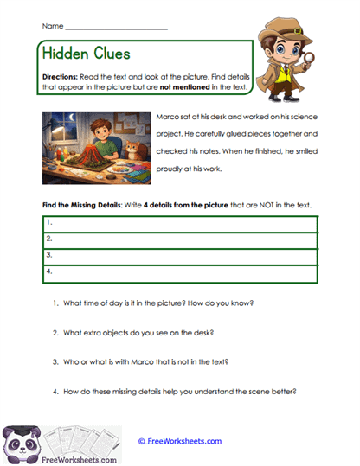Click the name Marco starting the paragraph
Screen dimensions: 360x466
pyautogui.click(x=167, y=118)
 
